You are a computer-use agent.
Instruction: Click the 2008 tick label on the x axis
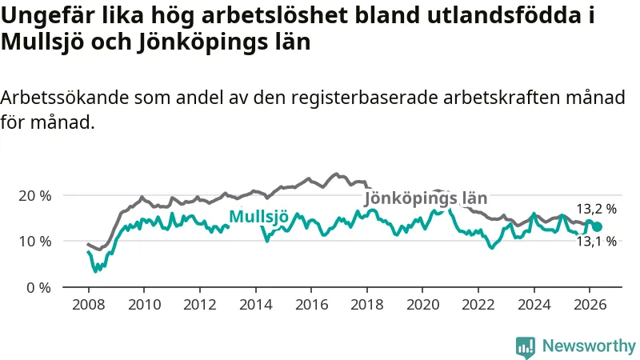point(89,305)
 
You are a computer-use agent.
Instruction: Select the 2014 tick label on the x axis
point(255,305)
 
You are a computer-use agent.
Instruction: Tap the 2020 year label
point(422,305)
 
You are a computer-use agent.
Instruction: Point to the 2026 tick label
point(590,305)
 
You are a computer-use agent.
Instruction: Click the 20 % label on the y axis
point(35,196)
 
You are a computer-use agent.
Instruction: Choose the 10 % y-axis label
point(35,242)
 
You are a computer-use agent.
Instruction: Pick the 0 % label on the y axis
point(38,288)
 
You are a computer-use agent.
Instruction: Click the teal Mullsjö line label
point(258,216)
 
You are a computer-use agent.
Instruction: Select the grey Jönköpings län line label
point(426,198)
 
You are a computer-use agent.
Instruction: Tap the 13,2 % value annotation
point(596,209)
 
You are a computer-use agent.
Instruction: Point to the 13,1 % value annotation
point(596,242)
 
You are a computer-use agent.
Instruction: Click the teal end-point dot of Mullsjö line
point(597,227)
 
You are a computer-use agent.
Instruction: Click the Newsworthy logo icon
point(526,347)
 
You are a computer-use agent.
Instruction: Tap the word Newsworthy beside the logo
point(589,346)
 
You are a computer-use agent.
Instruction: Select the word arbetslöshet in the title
point(275,15)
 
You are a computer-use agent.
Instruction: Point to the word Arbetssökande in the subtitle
point(65,98)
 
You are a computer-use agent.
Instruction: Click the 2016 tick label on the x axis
point(311,305)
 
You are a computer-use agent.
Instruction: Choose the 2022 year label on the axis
point(478,305)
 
